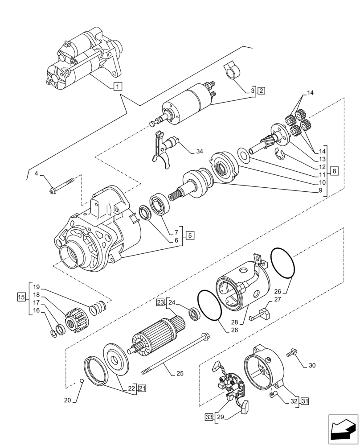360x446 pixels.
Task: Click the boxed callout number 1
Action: (x=117, y=86)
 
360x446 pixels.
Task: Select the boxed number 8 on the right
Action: (x=335, y=170)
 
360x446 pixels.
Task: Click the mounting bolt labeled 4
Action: (x=63, y=187)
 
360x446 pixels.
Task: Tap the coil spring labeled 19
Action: (x=98, y=308)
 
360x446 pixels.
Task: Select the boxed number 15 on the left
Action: (x=20, y=297)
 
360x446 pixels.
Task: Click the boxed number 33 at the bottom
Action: (x=209, y=417)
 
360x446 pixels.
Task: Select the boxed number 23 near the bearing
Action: (x=160, y=303)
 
